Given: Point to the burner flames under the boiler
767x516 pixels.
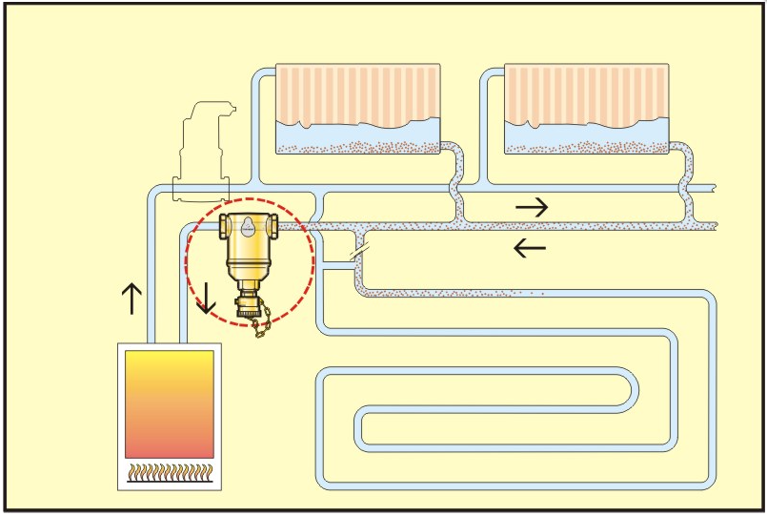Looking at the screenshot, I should (170, 470).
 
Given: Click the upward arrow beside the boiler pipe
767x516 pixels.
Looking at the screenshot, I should (131, 299).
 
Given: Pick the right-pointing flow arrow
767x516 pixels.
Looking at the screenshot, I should (532, 206).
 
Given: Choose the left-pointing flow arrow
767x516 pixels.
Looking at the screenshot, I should (530, 249).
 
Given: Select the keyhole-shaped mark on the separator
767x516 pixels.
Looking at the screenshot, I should (247, 226).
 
